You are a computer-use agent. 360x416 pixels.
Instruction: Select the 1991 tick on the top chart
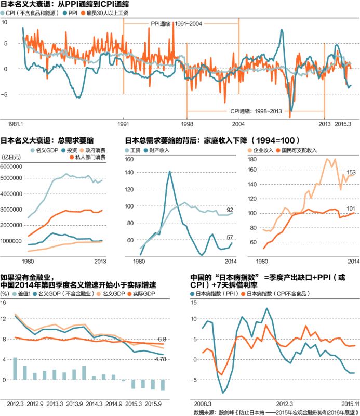pyautogui.click(x=123, y=124)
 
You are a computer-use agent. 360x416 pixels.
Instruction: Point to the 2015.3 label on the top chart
pyautogui.click(x=343, y=124)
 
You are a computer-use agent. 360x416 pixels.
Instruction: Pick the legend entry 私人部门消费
pyautogui.click(x=90, y=157)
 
